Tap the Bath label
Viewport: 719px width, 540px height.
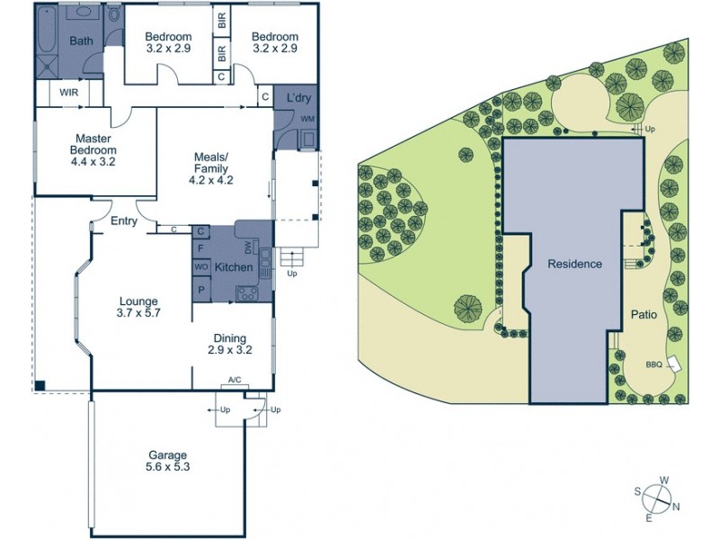tap(81, 40)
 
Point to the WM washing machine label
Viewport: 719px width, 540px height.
tap(307, 119)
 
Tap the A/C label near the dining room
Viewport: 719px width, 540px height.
tap(235, 382)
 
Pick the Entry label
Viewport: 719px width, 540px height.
tap(123, 221)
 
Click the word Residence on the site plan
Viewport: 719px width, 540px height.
tap(575, 265)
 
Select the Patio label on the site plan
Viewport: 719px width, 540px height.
tap(644, 316)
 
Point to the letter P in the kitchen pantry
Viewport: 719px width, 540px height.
tap(201, 290)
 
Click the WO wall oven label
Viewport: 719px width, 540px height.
tap(201, 267)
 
